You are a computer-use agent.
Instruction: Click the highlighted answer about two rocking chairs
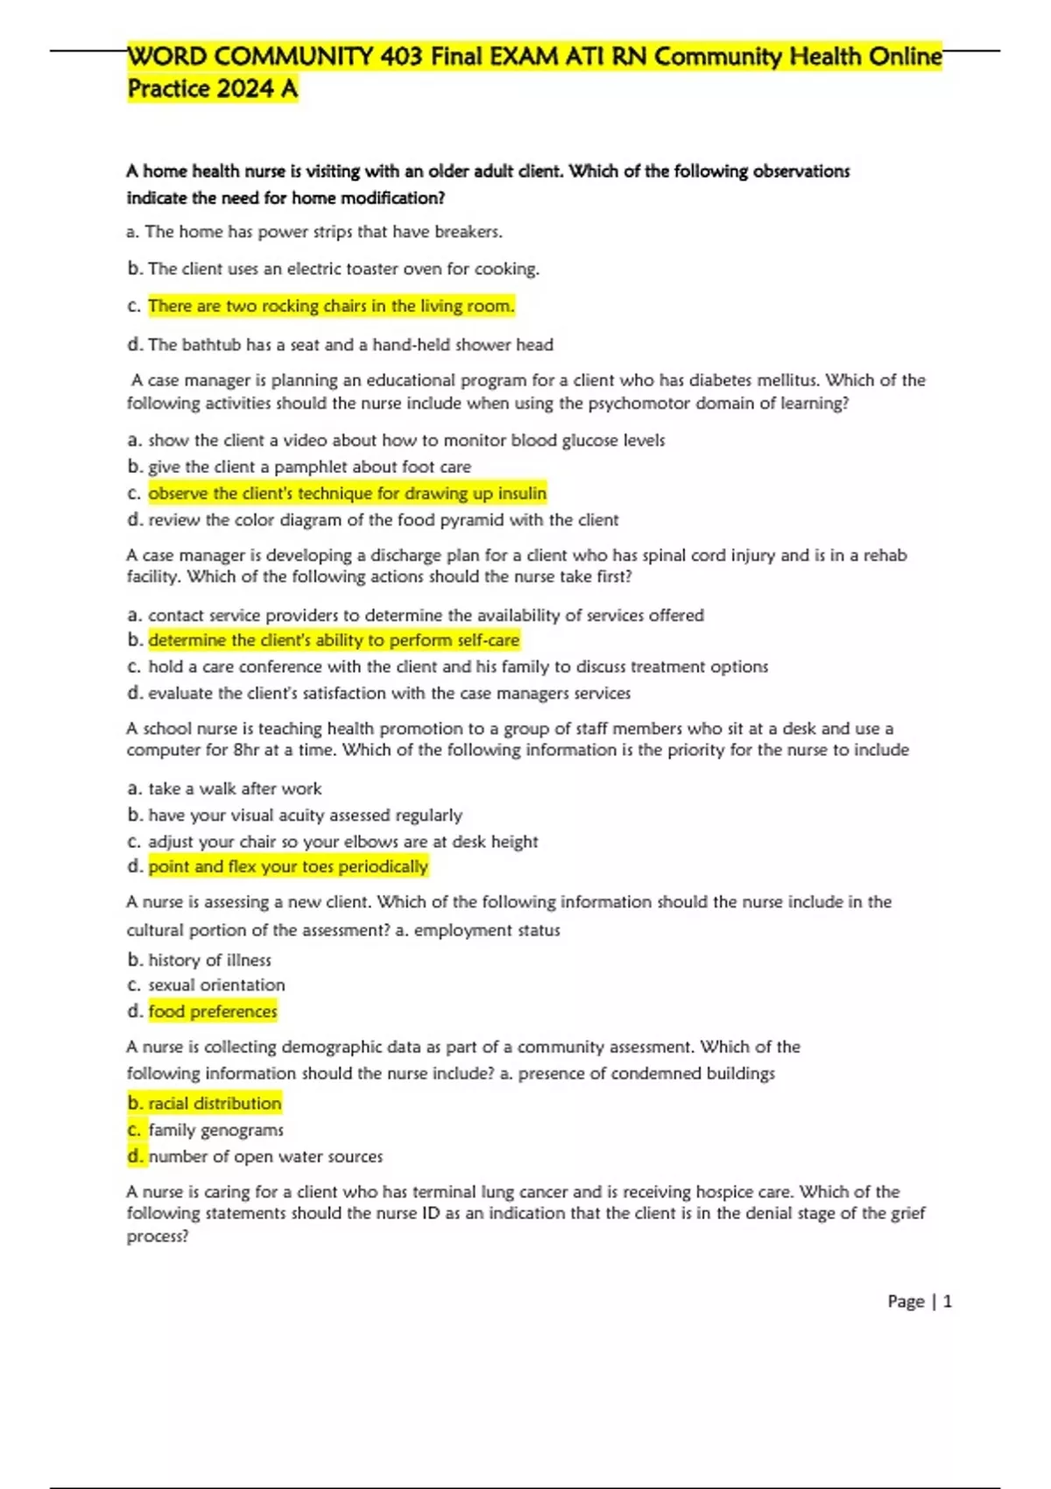[331, 306]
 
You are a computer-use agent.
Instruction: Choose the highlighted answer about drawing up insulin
[347, 493]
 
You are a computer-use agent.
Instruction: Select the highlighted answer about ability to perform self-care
[334, 640]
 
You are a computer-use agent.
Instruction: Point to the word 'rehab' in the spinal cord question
[884, 555]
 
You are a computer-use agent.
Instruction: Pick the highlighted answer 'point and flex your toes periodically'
[288, 866]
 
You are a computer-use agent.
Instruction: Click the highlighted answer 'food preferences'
[213, 1011]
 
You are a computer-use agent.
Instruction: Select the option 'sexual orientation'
[216, 984]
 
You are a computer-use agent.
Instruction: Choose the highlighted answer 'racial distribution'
[215, 1103]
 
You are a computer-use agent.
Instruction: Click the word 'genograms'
[243, 1130]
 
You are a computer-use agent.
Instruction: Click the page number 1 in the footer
[947, 1302]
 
